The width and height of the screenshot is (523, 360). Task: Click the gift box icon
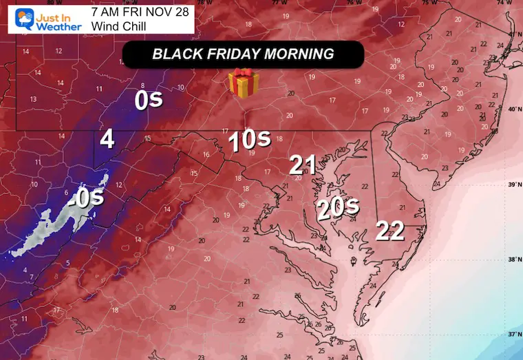(x=244, y=83)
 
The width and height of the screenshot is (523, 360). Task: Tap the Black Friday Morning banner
(x=243, y=54)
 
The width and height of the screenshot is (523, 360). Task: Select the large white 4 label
(x=107, y=140)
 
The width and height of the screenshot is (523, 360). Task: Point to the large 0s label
(x=148, y=100)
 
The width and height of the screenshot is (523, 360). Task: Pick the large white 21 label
(x=303, y=165)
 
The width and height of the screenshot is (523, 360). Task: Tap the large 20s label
(x=338, y=207)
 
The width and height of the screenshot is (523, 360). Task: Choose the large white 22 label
(x=389, y=231)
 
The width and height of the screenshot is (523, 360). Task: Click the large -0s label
(x=87, y=198)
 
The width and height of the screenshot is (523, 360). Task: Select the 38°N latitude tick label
(x=512, y=260)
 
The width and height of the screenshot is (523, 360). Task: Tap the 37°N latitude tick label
(x=512, y=335)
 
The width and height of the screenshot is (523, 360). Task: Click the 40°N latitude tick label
(x=512, y=109)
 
